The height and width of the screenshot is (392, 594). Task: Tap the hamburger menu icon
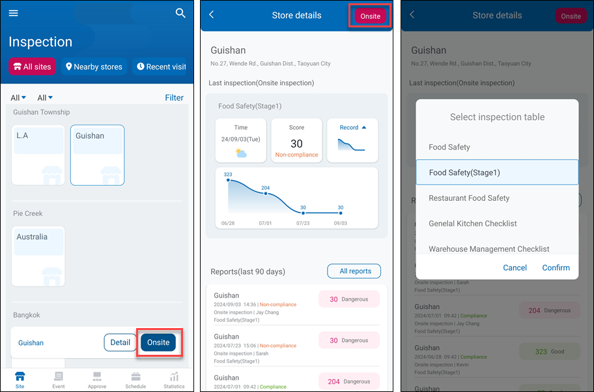point(14,13)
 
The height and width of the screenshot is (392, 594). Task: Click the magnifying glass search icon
point(180,13)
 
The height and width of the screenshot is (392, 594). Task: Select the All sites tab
point(32,67)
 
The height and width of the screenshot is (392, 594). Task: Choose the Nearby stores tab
point(94,67)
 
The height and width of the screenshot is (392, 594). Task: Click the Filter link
point(174,98)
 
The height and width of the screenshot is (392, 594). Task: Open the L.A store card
point(38,155)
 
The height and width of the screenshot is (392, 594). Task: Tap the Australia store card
point(38,256)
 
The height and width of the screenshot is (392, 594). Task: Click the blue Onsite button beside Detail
point(158,342)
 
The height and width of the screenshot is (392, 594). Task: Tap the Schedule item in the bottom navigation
point(135,380)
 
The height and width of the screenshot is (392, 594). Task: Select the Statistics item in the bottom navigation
point(174,380)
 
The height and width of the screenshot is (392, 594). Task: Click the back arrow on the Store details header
point(212,15)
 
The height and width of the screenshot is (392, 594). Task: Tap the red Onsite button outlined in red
point(370,16)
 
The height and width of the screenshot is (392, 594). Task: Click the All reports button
point(355,271)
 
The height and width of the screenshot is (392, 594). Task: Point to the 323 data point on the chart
point(228,181)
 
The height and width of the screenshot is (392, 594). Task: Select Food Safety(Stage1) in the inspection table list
point(497,172)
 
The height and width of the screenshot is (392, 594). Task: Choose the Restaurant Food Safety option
point(469,198)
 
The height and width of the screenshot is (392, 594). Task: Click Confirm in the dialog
point(556,267)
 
